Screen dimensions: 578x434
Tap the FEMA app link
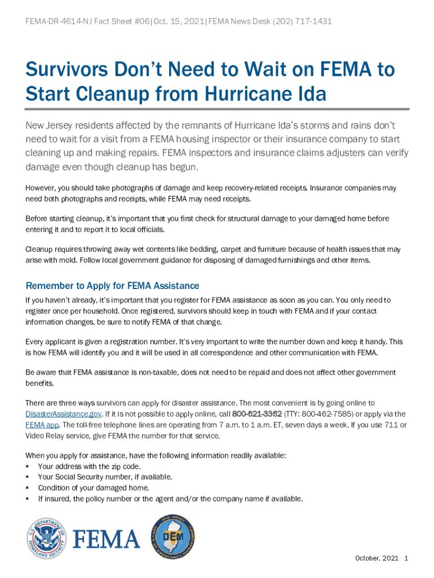(42, 425)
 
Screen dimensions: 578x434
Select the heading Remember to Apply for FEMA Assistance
(112, 286)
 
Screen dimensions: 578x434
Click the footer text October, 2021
(377, 558)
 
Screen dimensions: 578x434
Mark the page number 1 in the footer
(406, 558)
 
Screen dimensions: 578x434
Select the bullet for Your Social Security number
(28, 477)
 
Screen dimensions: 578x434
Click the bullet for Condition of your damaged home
(28, 488)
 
